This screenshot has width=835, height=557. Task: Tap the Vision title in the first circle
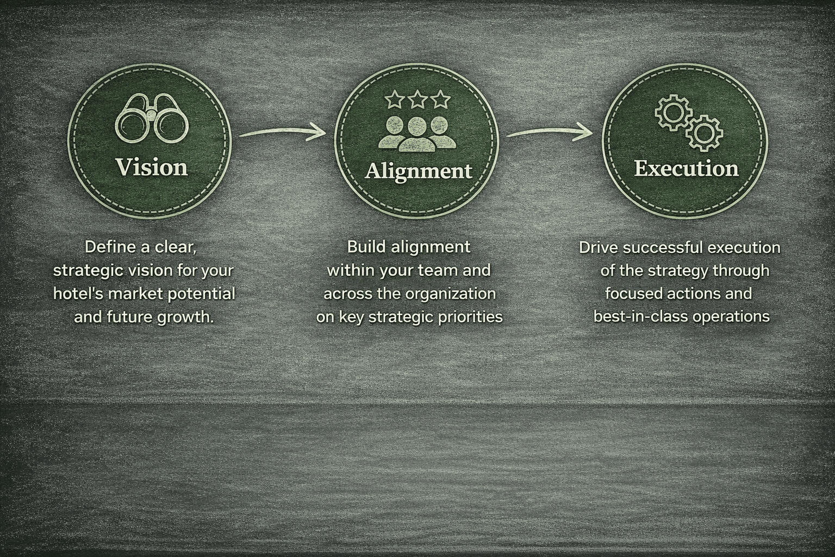152,167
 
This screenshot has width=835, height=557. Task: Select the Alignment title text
418,171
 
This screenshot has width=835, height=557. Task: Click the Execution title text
686,168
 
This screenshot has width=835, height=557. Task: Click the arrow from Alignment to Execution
549,131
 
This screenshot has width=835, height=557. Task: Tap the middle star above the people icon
417,100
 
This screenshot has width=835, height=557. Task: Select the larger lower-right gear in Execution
704,132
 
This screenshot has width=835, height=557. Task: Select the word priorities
472,317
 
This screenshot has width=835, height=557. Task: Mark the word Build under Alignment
365,247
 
